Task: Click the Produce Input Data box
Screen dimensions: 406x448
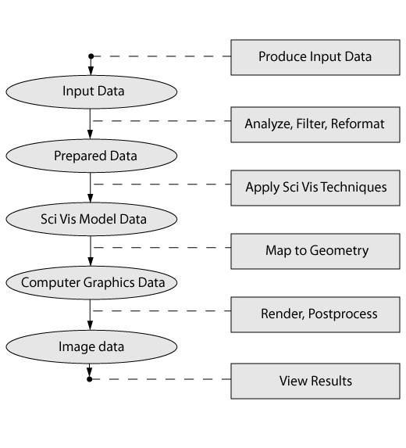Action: tap(315, 57)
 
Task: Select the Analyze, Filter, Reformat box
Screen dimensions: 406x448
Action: tap(315, 124)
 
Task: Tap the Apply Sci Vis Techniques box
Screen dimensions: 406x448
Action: tap(315, 188)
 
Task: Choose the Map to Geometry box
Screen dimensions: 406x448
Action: tap(315, 252)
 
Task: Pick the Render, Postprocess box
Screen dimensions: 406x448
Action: tap(315, 314)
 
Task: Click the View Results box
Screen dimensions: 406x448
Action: tap(315, 381)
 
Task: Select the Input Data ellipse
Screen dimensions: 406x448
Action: tap(91, 92)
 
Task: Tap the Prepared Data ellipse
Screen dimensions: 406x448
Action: tap(91, 156)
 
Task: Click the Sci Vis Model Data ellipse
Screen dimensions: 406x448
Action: tap(91, 219)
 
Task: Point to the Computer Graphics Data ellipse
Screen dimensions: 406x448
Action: tap(91, 282)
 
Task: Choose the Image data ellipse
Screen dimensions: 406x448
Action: tap(91, 346)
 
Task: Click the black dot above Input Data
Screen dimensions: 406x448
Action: tap(91, 56)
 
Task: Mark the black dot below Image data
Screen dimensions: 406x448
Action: tap(90, 379)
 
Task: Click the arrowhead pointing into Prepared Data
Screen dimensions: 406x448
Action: tap(90, 134)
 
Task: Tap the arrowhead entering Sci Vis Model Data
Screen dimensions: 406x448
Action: tap(90, 198)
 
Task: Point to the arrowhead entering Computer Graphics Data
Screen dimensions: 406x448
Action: tap(90, 261)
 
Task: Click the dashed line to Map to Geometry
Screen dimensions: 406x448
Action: tap(162, 247)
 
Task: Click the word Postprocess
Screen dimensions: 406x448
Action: tap(343, 314)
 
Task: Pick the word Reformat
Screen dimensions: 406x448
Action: tap(358, 124)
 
